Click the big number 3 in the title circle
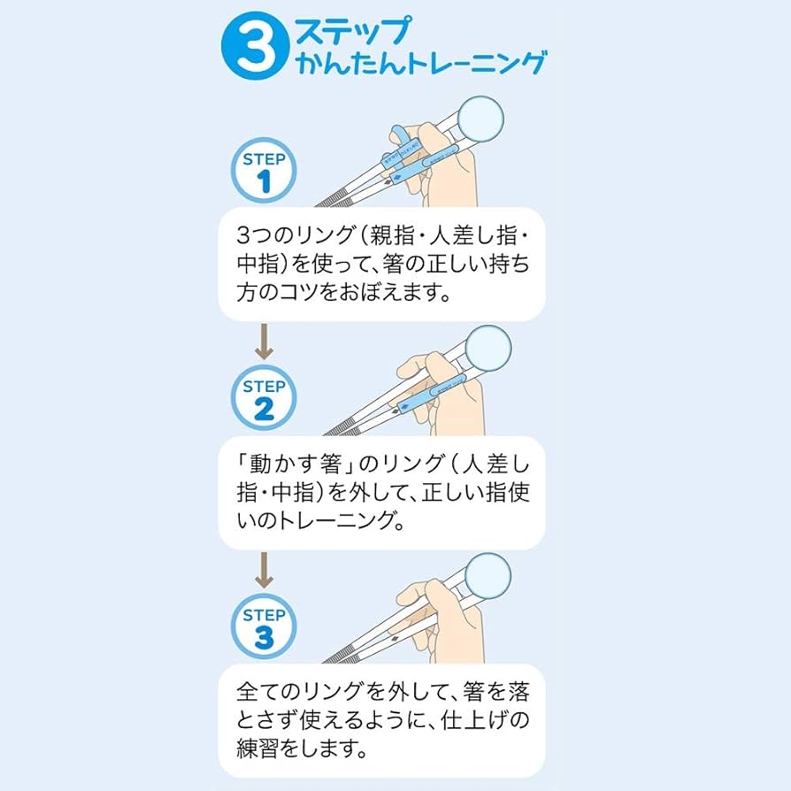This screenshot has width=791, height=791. [x=256, y=47]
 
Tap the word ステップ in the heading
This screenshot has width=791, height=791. [x=353, y=30]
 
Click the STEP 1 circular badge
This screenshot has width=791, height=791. [x=264, y=170]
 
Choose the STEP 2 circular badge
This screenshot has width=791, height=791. [x=264, y=397]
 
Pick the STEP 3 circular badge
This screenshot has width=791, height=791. [x=264, y=626]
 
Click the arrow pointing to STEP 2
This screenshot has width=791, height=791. [x=264, y=342]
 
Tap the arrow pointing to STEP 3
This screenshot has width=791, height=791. [x=264, y=570]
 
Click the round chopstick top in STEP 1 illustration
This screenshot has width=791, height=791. [x=480, y=119]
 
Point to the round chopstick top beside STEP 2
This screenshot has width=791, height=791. [x=488, y=348]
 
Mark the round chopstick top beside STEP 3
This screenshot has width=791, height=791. [x=488, y=577]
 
